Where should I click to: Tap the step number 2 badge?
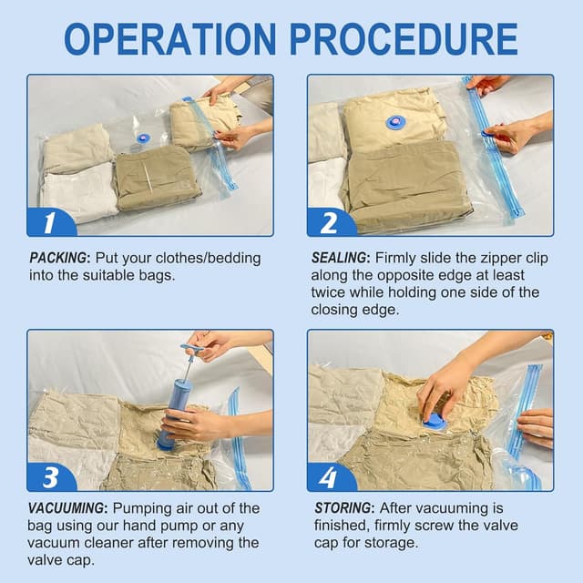click(330, 220)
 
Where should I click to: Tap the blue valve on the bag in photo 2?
click(395, 121)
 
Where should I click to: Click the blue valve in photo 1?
click(143, 138)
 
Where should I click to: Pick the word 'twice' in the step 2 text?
click(331, 292)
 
